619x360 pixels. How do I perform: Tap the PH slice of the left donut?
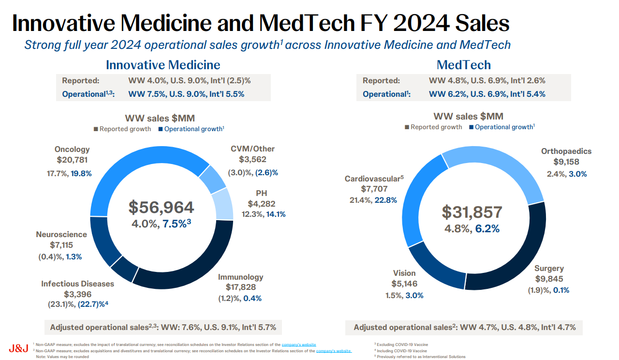tap(222, 203)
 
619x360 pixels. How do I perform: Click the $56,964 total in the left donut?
tap(161, 207)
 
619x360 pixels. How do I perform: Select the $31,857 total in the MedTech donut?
tap(472, 212)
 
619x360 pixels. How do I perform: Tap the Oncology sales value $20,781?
tap(72, 160)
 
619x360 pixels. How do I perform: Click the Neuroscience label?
tap(61, 235)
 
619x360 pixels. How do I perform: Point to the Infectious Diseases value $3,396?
tap(77, 294)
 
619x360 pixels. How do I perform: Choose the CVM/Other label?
tap(252, 149)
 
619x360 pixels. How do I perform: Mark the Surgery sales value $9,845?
tap(549, 279)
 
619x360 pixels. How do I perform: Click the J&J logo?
tap(18, 348)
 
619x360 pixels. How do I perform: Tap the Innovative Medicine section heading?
tap(163, 65)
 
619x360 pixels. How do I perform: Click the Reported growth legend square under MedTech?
tap(407, 127)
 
